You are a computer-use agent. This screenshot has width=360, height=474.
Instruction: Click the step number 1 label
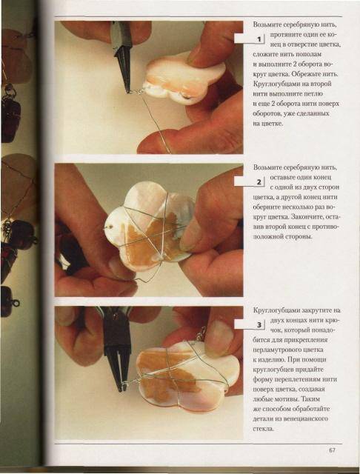(x=259, y=39)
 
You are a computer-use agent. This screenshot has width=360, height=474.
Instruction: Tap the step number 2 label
(x=259, y=182)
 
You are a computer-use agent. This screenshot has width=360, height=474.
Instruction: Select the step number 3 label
(x=259, y=325)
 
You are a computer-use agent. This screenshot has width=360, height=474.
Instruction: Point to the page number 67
(x=332, y=450)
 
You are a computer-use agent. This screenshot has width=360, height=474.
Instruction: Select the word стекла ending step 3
(x=263, y=428)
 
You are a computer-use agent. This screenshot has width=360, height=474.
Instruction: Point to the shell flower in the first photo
(x=184, y=79)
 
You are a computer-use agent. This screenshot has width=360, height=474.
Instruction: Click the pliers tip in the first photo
(x=129, y=90)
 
